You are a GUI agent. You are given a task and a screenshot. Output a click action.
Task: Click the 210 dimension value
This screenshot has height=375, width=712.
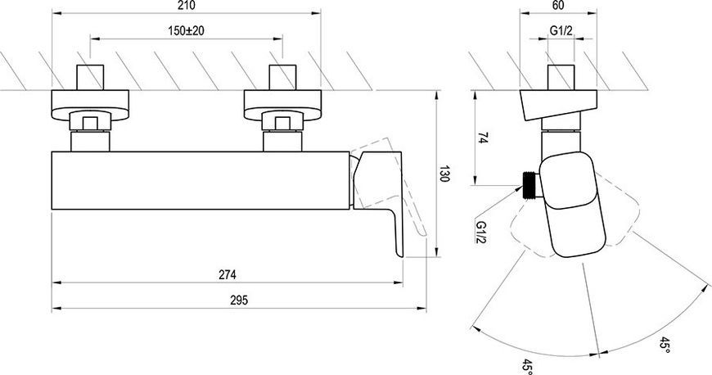pos(187,6)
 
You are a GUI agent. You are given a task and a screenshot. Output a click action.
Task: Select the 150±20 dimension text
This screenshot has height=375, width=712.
pos(186,31)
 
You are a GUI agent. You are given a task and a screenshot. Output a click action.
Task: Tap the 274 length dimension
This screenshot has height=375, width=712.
pos(228,275)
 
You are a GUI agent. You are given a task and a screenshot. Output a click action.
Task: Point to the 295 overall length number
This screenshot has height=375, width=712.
pos(239,300)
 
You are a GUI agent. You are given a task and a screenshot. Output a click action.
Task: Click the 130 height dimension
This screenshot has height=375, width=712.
pos(444,174)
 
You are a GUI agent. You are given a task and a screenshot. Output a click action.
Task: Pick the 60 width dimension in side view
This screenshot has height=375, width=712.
pos(558,6)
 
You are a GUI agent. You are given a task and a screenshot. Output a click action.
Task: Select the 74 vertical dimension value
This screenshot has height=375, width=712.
pos(483,138)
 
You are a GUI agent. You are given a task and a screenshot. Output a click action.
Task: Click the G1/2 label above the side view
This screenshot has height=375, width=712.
pos(561,30)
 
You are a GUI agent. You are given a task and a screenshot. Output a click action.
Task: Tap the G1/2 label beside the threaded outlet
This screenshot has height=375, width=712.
pos(480,232)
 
